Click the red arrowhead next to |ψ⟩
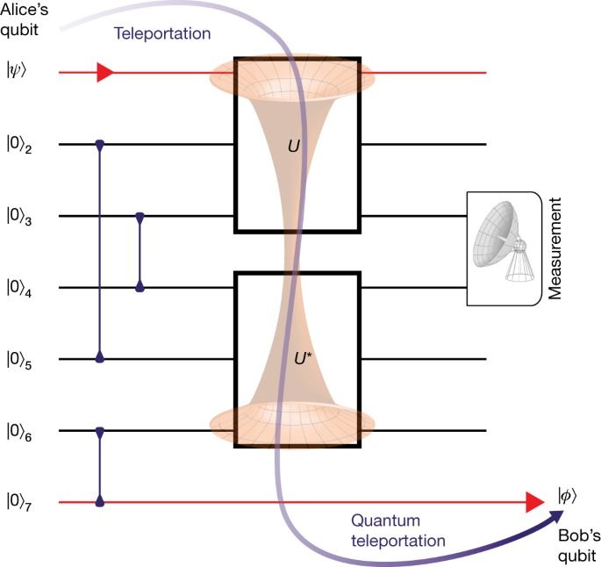tap(105, 72)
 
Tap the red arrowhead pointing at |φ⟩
tap(534, 502)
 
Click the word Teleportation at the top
tap(161, 34)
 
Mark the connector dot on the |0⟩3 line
tap(140, 216)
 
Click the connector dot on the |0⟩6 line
tap(100, 431)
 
